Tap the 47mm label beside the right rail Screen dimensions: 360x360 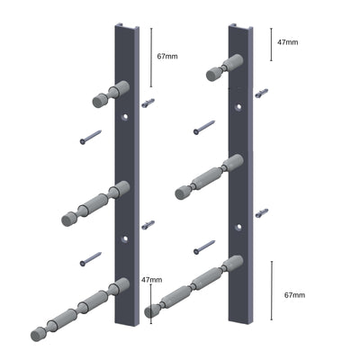click(x=288, y=41)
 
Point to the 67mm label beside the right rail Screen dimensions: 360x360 click(x=294, y=294)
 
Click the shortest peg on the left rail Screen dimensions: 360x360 click(x=110, y=94)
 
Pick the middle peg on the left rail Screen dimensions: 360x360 click(x=94, y=205)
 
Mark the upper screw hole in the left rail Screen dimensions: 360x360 click(x=126, y=117)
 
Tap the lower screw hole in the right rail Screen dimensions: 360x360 click(x=239, y=224)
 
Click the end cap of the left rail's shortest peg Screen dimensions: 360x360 click(x=97, y=101)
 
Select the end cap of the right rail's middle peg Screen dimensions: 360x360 click(x=183, y=192)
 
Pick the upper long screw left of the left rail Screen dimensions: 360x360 click(x=90, y=138)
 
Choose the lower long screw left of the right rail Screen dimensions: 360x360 click(x=203, y=245)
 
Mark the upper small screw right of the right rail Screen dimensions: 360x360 click(x=262, y=93)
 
